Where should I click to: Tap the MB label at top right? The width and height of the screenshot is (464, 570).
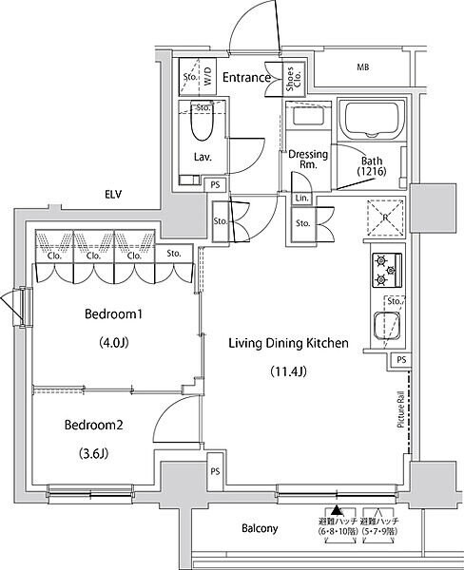[362, 67]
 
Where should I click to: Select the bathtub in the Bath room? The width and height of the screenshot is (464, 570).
[373, 121]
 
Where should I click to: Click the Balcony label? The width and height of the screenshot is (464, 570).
[260, 529]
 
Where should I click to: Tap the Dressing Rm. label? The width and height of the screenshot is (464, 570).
[308, 159]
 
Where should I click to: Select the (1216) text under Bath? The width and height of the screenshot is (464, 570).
[372, 171]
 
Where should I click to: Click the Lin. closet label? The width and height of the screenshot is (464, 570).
[301, 198]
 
